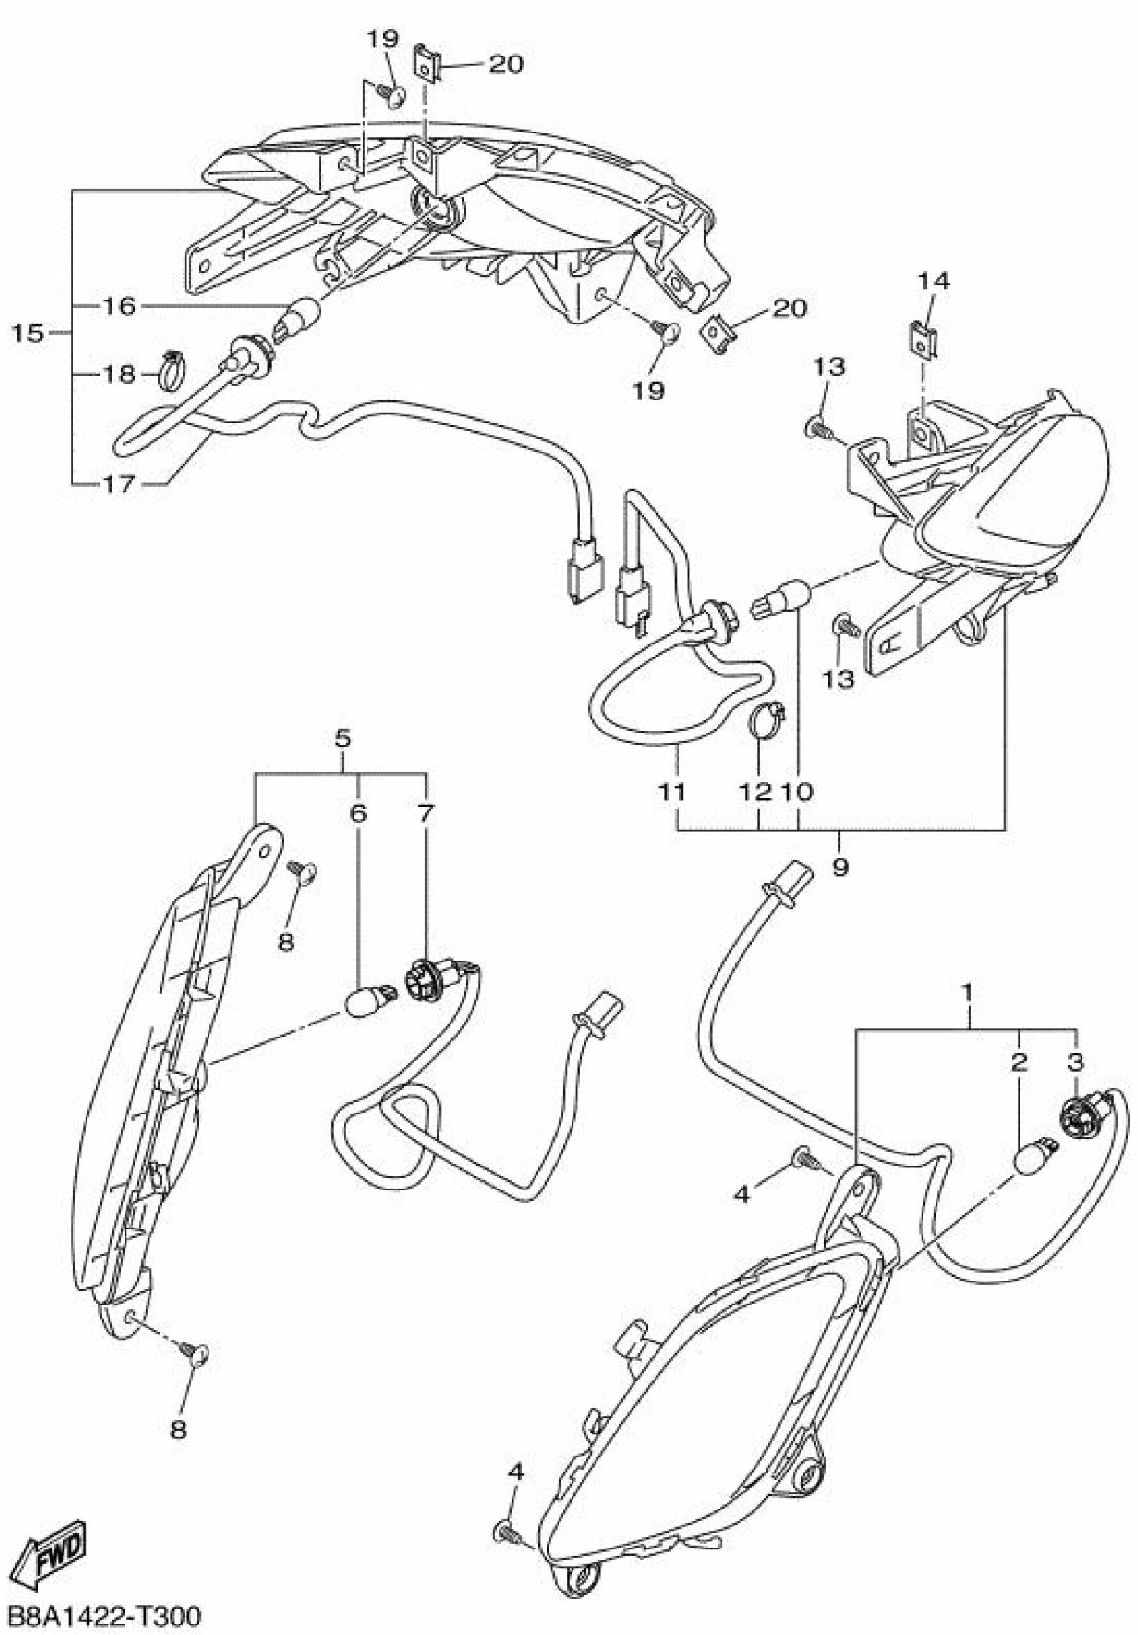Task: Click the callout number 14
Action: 933,282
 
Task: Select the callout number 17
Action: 119,485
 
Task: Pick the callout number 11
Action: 672,791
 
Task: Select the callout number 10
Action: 798,791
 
